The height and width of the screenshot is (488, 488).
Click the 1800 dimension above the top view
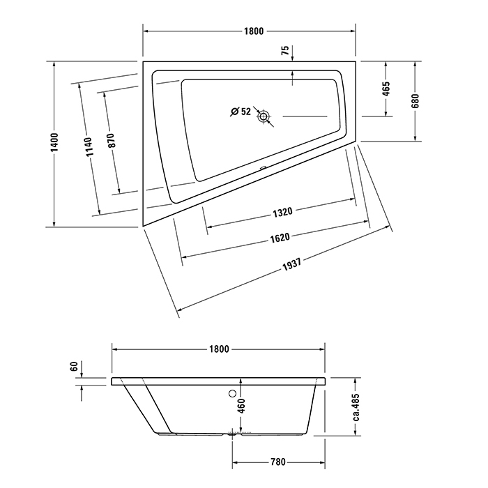[x=254, y=31]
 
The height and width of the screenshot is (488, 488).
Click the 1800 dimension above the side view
[x=219, y=349]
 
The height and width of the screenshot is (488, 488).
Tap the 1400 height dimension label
[x=54, y=142]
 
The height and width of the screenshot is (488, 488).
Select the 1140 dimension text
[x=89, y=147]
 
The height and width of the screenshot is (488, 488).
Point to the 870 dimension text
[x=111, y=140]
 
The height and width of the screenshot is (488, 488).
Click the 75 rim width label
[x=285, y=50]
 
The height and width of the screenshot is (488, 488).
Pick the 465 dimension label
[x=386, y=89]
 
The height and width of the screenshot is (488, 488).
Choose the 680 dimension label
[x=415, y=100]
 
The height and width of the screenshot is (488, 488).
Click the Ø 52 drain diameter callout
[x=241, y=111]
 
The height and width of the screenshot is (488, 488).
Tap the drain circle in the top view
[x=264, y=116]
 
